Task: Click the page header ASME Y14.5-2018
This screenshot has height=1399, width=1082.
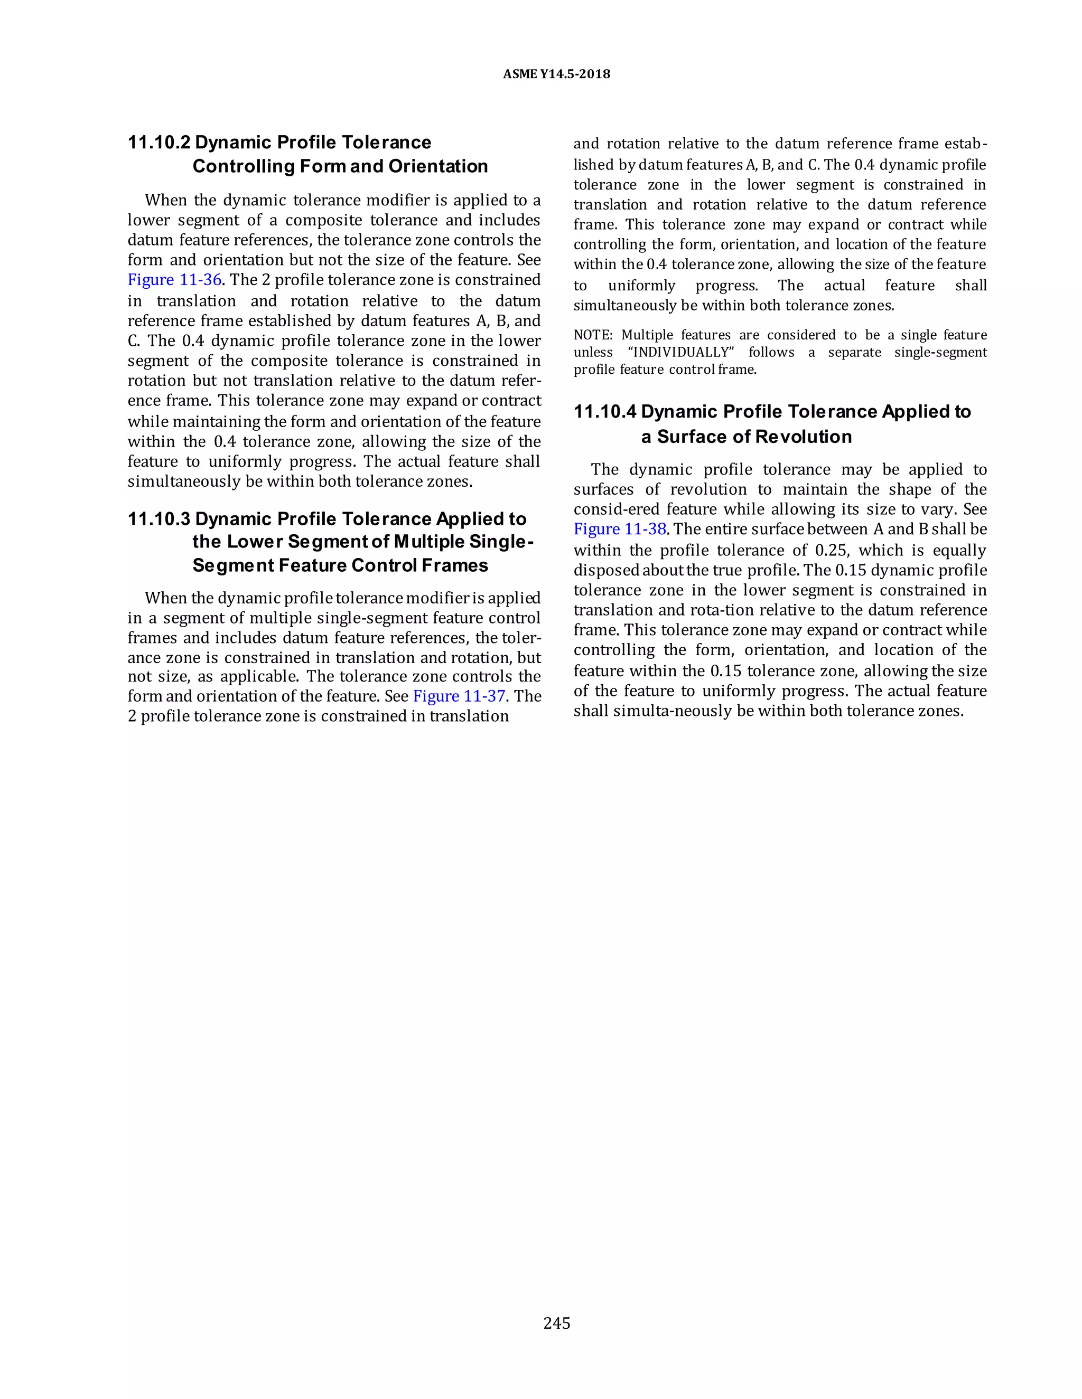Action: point(556,74)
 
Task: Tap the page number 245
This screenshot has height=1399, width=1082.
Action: point(556,1323)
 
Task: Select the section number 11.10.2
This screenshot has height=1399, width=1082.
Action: point(159,142)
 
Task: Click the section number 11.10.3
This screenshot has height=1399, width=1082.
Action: point(159,519)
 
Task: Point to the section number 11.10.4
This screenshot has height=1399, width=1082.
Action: point(604,412)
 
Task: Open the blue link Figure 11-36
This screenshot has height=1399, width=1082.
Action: point(174,280)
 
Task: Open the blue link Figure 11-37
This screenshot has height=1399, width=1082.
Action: point(459,696)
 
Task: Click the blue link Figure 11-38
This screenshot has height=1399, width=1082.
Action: point(620,529)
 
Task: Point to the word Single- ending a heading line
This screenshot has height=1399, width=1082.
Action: point(501,542)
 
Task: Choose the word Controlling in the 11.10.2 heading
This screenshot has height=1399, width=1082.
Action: point(243,166)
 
